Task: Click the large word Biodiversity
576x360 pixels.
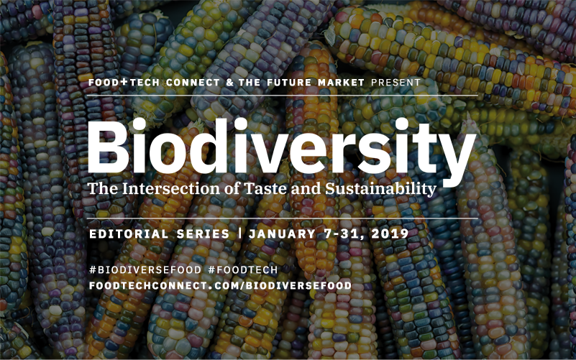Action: tap(282, 150)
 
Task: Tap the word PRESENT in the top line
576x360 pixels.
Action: tap(396, 82)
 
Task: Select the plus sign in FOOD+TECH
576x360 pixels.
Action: tap(124, 82)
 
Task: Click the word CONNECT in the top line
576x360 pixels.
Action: tap(193, 82)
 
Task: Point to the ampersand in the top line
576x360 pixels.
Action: tap(230, 82)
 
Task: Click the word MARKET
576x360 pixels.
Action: tap(342, 82)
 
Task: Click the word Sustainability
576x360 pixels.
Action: tap(380, 189)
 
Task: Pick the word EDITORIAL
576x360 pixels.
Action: tap(129, 234)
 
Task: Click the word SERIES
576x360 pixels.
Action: tap(203, 234)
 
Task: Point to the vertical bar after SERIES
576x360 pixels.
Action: tap(240, 234)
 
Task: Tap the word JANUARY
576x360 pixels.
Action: tap(282, 234)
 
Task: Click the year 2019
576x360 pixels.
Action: tap(390, 234)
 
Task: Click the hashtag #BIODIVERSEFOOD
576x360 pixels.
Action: tap(145, 270)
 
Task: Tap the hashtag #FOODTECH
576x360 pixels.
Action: tap(243, 270)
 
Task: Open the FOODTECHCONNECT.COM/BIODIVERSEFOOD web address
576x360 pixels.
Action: tap(221, 285)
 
